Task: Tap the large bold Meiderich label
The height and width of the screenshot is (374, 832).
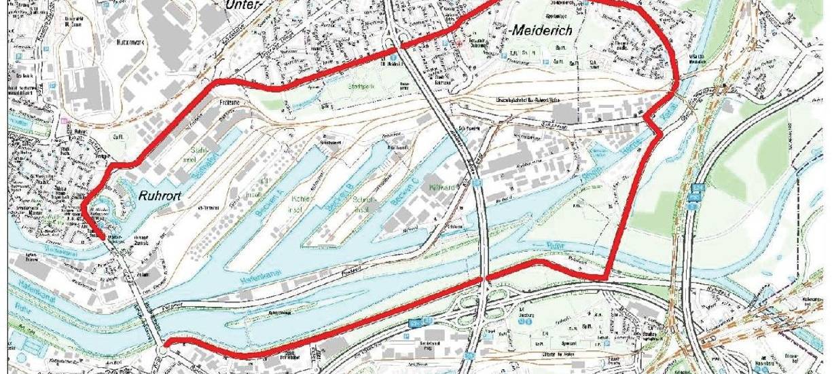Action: click(x=539, y=31)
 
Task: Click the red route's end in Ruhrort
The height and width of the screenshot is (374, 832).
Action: click(x=102, y=238)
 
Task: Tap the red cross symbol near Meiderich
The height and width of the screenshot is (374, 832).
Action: click(x=460, y=41)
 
